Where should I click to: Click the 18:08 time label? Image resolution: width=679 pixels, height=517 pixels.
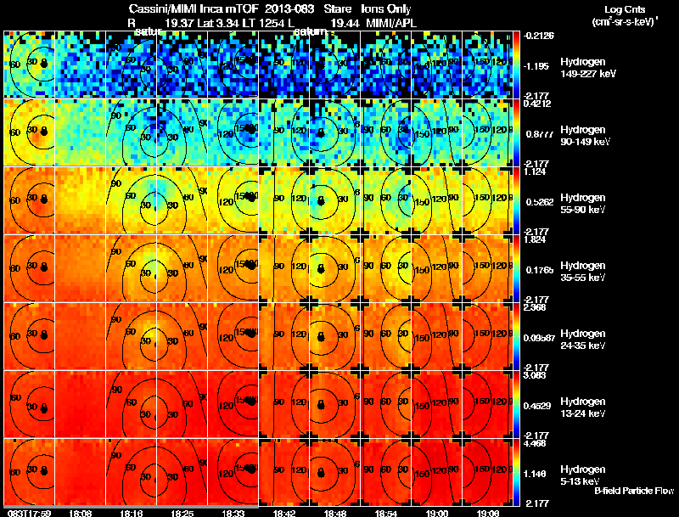81,513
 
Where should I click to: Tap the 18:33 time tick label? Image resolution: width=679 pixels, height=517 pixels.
233,513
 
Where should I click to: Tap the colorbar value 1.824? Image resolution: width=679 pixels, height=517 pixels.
536,240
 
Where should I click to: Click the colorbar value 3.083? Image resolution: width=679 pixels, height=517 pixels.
536,374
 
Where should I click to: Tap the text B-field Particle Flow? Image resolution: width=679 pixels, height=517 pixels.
633,491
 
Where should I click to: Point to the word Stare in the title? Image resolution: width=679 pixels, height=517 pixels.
338,8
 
